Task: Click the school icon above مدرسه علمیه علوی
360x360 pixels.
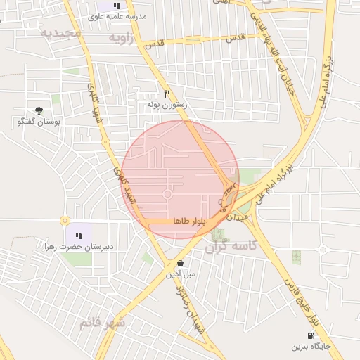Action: (x=117, y=6)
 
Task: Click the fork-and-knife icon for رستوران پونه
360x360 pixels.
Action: (x=167, y=93)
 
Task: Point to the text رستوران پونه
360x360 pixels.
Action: (x=166, y=104)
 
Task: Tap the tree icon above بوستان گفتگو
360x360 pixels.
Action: (x=39, y=110)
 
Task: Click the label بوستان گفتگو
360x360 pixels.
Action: (x=39, y=122)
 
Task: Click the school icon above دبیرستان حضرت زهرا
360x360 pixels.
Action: (x=79, y=236)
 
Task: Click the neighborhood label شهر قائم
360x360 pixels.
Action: (x=103, y=323)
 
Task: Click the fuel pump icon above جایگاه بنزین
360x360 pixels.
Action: (x=311, y=336)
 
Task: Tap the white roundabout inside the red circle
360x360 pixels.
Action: (x=168, y=194)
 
